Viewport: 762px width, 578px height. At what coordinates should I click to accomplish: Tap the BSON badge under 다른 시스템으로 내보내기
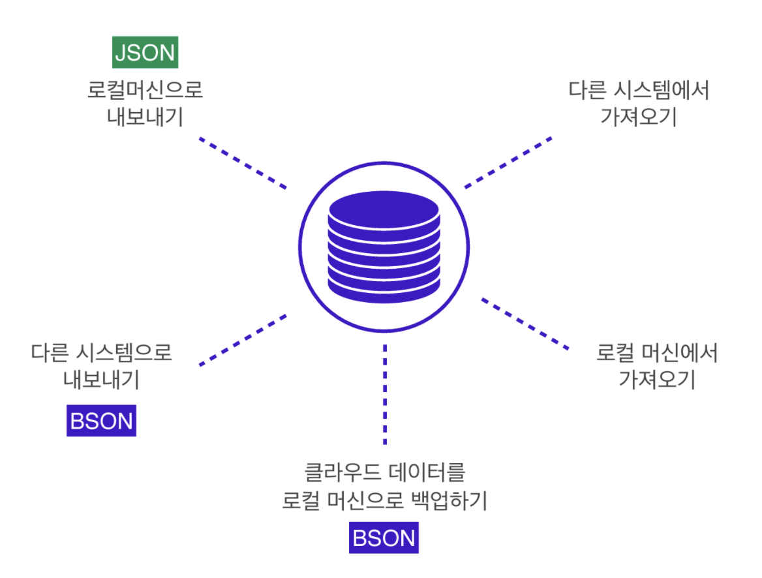(x=101, y=421)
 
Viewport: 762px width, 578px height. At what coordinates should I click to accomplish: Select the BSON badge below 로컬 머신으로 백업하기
(x=384, y=538)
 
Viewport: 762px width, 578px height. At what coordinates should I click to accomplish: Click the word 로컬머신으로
(x=145, y=90)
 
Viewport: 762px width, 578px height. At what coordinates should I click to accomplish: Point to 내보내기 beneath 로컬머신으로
(x=145, y=118)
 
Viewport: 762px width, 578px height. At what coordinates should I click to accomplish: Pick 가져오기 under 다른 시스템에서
(x=639, y=118)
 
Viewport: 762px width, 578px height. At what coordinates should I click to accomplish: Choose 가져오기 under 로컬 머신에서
(x=657, y=380)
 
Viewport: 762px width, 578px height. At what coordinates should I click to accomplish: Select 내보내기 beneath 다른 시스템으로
(x=102, y=380)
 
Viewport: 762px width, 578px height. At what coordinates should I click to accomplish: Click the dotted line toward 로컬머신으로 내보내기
(x=243, y=162)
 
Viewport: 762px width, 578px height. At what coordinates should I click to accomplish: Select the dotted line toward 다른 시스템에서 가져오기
(x=508, y=162)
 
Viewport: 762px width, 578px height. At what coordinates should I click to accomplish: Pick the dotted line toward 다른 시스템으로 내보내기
(x=243, y=339)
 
